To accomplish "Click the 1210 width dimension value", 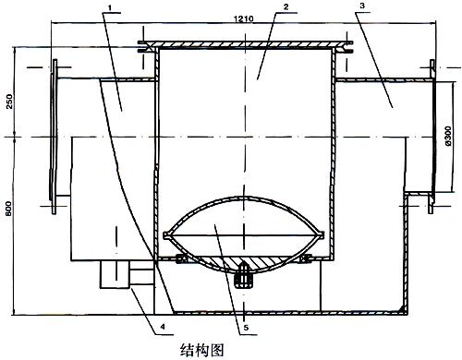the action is tap(244, 18).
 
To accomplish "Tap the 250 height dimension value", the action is tap(10, 102).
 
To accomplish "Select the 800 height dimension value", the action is tap(9, 209).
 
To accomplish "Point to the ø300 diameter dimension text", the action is tap(448, 136).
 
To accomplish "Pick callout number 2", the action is tap(286, 7).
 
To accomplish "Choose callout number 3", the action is tap(362, 6).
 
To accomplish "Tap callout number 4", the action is tap(163, 326).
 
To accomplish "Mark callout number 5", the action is tap(246, 328).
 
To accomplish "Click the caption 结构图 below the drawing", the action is tap(201, 350).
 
